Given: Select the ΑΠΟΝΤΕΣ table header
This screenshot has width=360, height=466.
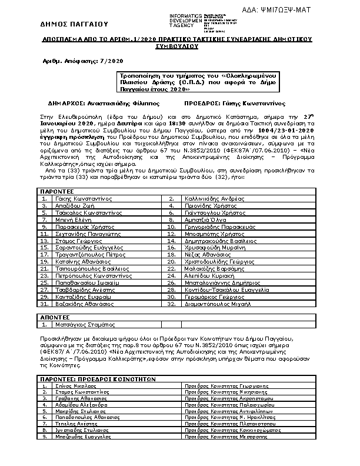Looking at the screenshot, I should [x=55, y=317].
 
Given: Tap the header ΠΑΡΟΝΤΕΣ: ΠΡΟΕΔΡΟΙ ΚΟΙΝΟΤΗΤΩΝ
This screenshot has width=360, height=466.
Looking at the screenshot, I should [x=96, y=380].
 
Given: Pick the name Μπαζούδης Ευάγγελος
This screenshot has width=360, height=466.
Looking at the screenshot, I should [x=83, y=454].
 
